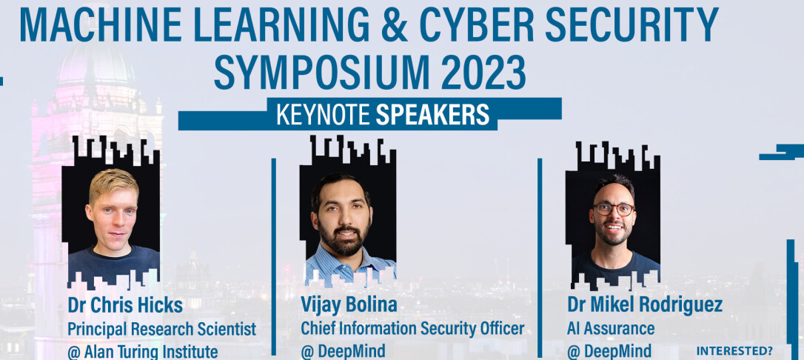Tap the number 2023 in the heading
[483, 73]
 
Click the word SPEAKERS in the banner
[433, 115]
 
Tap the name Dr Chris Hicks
[125, 306]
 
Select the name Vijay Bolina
[349, 305]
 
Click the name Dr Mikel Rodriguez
[645, 305]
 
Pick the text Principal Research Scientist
[162, 329]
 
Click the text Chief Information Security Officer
[413, 329]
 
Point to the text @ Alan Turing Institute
[143, 352]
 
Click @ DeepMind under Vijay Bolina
[343, 352]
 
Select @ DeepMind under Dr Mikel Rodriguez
[609, 352]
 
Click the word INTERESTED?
[734, 352]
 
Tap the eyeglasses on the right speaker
[614, 209]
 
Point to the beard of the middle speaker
[344, 239]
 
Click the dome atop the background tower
[96, 64]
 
